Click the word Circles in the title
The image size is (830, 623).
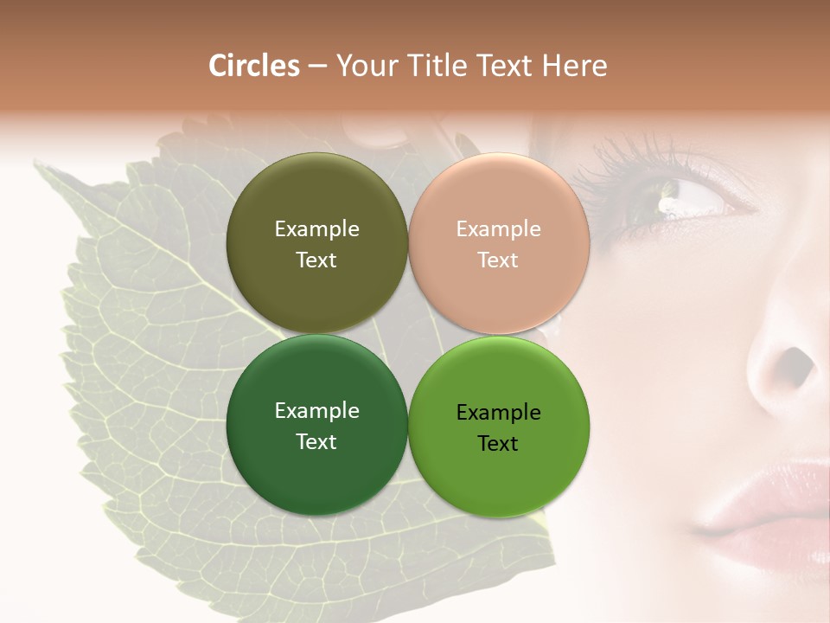[x=253, y=66]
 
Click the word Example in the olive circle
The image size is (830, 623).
[x=316, y=228]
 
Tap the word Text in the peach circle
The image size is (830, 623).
[x=498, y=260]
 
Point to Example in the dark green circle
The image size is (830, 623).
[x=316, y=410]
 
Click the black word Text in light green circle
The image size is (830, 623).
[x=498, y=443]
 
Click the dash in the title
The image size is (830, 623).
[x=317, y=67]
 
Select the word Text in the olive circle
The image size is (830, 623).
[x=316, y=260]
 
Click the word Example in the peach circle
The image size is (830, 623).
[x=498, y=228]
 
